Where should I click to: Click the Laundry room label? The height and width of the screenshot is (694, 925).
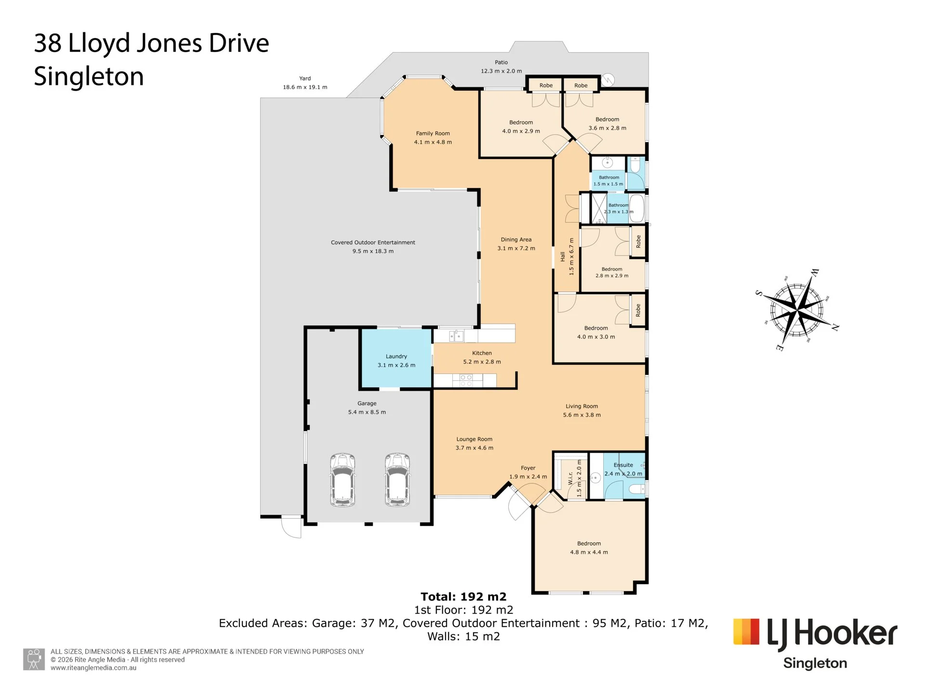[x=396, y=357]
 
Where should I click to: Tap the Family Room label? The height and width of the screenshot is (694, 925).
[x=433, y=133]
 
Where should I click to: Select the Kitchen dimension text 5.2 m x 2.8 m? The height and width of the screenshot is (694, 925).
[x=482, y=362]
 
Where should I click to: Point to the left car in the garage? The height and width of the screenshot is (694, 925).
[x=343, y=480]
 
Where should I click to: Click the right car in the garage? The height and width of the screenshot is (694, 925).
[x=397, y=480]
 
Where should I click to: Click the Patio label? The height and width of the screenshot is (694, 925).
[x=501, y=62]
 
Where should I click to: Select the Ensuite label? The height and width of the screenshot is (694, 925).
[x=623, y=465]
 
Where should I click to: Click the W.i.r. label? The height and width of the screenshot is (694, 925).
[x=570, y=478]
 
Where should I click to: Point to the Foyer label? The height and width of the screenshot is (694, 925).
[x=528, y=468]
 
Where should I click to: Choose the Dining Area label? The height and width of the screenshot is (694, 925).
[x=516, y=240]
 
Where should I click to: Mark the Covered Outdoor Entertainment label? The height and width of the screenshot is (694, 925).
[x=373, y=242]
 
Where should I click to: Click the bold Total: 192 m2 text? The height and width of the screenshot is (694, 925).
[x=463, y=597]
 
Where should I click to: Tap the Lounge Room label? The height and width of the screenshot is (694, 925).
[x=475, y=440]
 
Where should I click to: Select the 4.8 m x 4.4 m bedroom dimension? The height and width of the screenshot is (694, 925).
[x=589, y=552]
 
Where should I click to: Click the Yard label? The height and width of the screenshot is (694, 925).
[x=305, y=79]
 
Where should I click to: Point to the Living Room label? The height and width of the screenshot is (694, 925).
[x=581, y=406]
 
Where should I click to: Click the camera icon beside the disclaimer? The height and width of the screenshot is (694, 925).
[x=34, y=659]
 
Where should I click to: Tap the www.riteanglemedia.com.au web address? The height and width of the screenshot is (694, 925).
[x=93, y=668]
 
